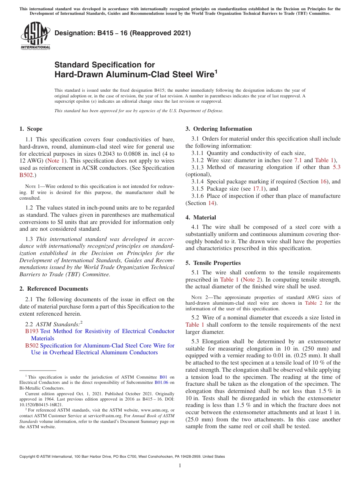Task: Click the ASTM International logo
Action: [x=35, y=36]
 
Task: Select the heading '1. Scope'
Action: [x=31, y=129]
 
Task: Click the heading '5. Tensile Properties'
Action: [x=213, y=263]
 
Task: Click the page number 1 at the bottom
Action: [x=180, y=465]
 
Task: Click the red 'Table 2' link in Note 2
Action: [x=311, y=303]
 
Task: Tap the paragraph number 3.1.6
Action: [x=198, y=196]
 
